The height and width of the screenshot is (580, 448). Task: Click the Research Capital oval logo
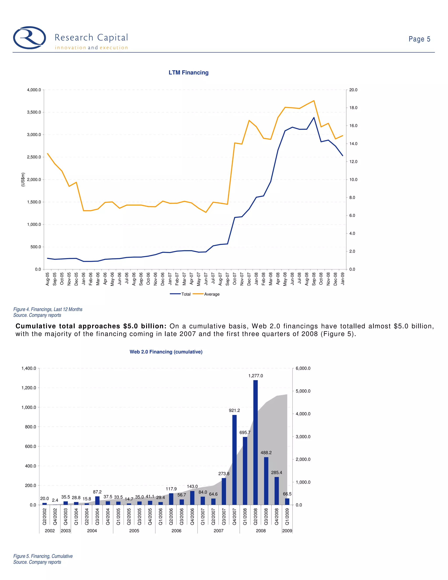point(30,38)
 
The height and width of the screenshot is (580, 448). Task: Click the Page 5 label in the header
point(419,39)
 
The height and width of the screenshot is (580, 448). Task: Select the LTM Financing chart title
point(188,72)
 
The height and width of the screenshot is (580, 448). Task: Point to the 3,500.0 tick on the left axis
point(34,112)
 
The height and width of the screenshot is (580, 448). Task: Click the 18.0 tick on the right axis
point(353,108)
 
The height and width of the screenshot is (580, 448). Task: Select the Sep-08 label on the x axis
point(314,279)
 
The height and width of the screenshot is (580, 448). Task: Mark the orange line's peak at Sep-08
point(314,101)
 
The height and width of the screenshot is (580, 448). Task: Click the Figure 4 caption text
point(48,309)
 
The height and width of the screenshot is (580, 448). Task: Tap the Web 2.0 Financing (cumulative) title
point(166,352)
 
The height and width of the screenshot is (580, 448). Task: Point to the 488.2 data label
point(266,453)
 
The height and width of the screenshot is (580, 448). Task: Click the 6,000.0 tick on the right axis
point(303,368)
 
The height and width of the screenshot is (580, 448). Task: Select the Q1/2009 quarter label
point(287,517)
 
